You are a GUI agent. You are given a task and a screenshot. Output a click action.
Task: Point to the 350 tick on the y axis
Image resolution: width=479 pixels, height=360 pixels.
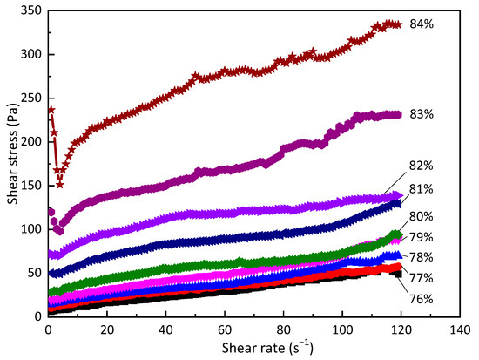click(28, 10)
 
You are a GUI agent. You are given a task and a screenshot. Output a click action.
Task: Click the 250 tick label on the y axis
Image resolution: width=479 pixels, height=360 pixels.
click(28, 98)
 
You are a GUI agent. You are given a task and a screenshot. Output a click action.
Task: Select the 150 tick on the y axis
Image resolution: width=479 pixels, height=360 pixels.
click(28, 185)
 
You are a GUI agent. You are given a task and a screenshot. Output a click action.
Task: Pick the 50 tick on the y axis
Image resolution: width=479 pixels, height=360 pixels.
click(31, 273)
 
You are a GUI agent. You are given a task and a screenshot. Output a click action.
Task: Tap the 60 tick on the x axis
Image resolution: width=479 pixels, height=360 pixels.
click(225, 330)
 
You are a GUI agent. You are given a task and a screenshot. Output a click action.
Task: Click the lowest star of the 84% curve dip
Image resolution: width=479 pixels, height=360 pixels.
click(60, 184)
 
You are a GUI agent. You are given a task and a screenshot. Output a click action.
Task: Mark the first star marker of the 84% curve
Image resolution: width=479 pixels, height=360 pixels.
click(51, 110)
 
